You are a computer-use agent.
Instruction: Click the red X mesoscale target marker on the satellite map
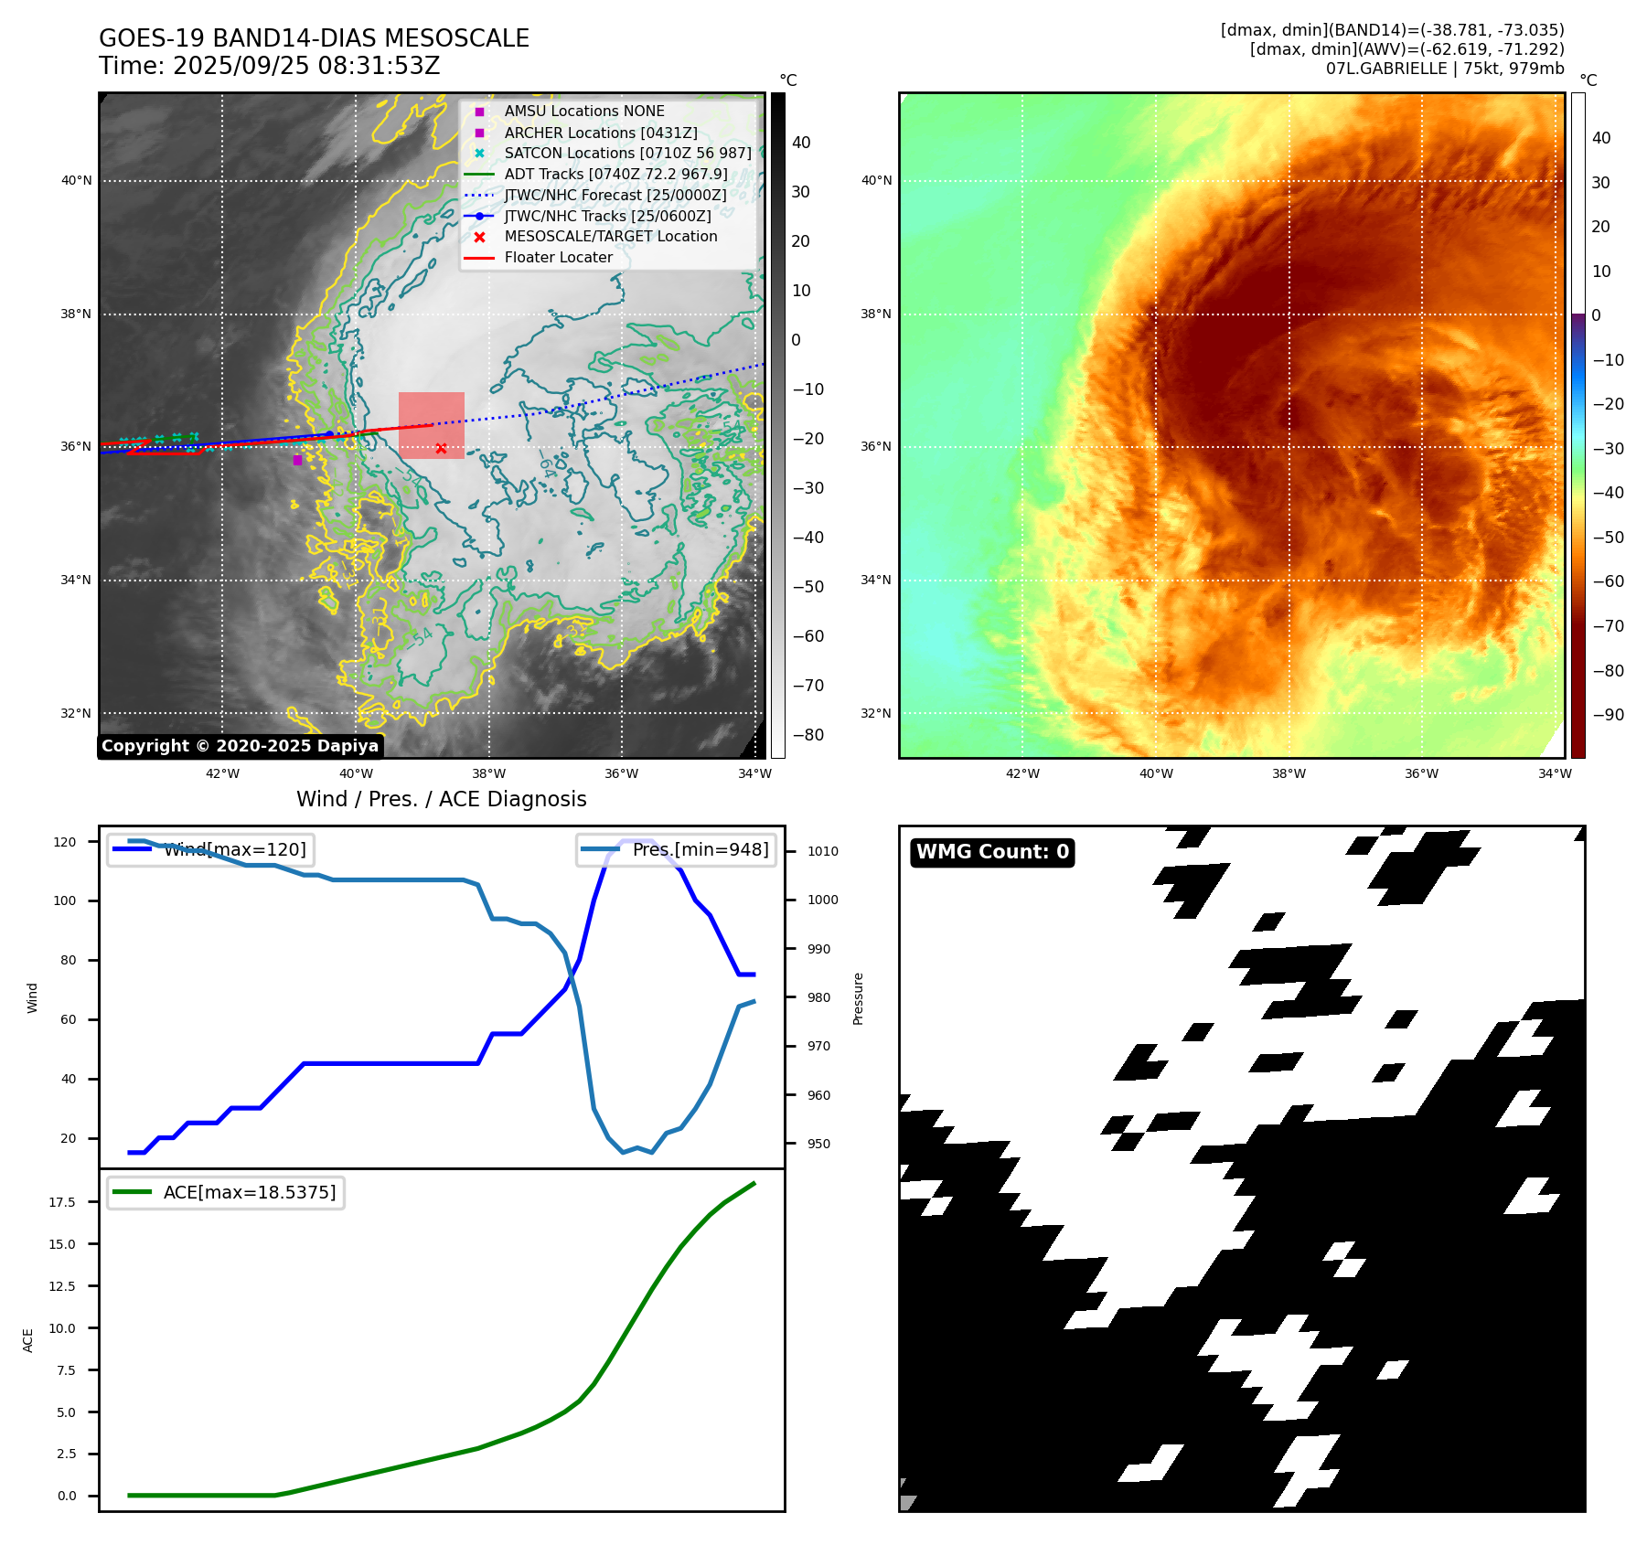coord(441,448)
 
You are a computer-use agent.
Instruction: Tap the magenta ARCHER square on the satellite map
coord(297,460)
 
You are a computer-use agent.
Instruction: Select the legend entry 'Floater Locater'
coord(558,258)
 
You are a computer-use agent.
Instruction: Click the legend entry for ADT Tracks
coord(615,174)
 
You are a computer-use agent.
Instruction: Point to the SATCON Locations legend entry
coord(627,153)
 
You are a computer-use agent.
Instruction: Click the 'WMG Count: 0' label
coord(992,852)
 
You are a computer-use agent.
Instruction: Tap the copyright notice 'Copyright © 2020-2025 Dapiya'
coord(240,746)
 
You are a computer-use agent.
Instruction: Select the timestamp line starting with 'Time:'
coord(270,66)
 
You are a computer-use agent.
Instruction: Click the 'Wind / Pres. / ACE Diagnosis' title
coord(442,799)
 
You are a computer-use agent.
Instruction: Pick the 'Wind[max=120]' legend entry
coord(235,849)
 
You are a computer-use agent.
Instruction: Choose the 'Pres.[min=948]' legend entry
coord(701,849)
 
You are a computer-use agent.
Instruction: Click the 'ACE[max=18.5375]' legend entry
coord(250,1192)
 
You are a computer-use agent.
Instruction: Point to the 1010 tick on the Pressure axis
coord(822,851)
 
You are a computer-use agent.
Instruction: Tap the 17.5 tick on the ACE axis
coord(62,1202)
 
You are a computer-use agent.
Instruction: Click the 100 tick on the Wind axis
coord(65,900)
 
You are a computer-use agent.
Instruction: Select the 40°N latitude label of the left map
coord(77,181)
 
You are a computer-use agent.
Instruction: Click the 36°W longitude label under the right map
coord(1421,773)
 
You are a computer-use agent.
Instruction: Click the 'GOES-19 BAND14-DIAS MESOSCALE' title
coord(314,38)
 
